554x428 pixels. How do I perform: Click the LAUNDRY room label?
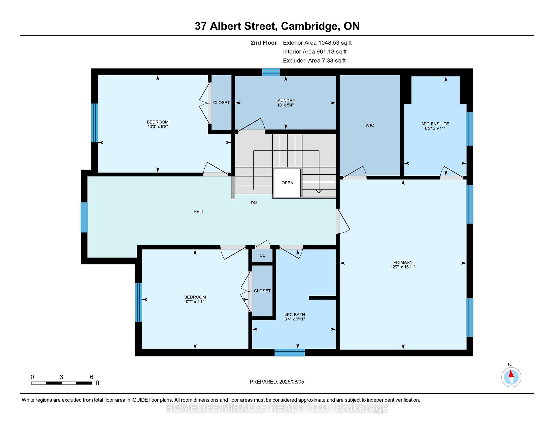pos(285,101)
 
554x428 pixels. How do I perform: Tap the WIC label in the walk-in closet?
pos(370,125)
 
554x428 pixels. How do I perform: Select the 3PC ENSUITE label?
pos(435,124)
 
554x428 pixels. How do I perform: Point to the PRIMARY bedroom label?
pos(403,262)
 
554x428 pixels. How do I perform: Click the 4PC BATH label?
pos(295,315)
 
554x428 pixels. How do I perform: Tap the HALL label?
pos(199,212)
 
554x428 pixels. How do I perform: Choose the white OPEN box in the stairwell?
pos(287,183)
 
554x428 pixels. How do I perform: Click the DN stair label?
pos(254,203)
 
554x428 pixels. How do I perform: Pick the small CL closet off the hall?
pos(262,256)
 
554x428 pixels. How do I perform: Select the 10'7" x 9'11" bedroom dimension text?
pos(195,302)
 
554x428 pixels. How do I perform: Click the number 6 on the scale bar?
pos(91,377)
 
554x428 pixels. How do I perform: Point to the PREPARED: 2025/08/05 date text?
pos(277,382)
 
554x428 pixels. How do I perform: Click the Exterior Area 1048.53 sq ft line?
pos(317,43)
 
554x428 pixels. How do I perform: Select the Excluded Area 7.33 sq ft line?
pos(314,61)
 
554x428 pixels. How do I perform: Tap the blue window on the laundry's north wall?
pos(271,72)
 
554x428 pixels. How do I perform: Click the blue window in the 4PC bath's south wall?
pos(289,352)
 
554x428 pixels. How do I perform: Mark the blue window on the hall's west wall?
pos(84,217)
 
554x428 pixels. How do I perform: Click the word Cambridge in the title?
pos(310,26)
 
